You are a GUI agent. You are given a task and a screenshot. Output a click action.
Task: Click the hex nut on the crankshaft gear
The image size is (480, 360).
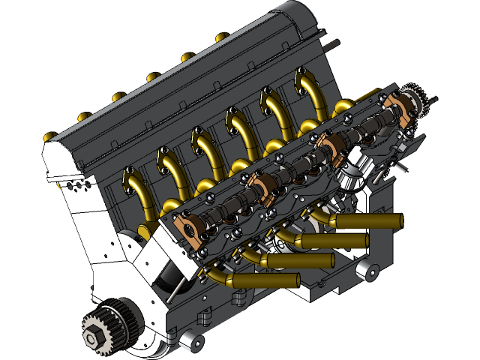coord(91,339)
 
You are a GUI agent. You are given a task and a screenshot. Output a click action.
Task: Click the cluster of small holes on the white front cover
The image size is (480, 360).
coord(75,184)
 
